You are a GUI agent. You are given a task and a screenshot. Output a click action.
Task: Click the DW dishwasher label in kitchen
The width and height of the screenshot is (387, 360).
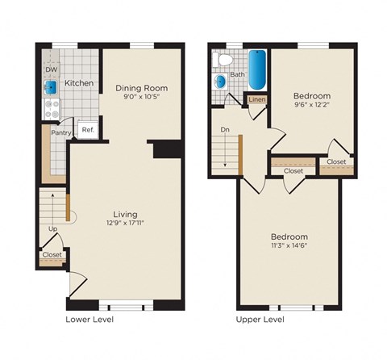point(50,69)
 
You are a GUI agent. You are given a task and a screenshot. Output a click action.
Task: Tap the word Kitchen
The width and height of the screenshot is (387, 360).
point(79,83)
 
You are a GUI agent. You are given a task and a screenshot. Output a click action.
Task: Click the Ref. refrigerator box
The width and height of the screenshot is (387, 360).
point(87,130)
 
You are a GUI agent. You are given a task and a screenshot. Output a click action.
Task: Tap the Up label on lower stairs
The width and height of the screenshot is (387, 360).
point(53,229)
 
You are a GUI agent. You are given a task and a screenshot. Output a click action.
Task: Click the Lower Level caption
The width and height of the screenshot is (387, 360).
point(89,320)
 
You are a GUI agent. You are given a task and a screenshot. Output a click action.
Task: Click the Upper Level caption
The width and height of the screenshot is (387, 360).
point(260,320)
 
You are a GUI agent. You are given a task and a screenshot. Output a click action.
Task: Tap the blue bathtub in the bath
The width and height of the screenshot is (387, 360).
point(256,70)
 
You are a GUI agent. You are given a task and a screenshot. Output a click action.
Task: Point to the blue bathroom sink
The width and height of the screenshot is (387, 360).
point(220,82)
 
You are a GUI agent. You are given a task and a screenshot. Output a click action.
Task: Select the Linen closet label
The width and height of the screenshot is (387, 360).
point(256,99)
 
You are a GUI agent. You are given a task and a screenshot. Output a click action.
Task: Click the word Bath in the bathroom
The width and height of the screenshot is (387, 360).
point(237,75)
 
